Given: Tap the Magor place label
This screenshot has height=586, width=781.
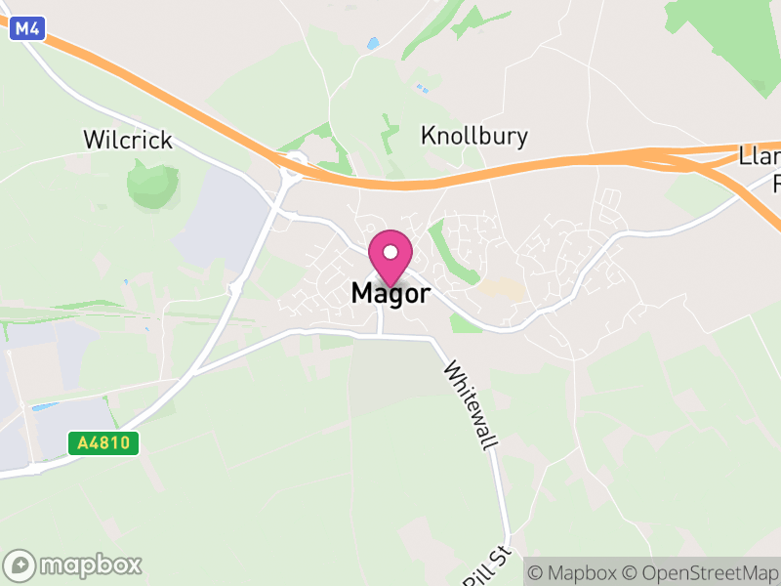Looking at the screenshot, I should pos(390,293).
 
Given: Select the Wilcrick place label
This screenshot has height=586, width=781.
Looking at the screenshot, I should pos(128,140).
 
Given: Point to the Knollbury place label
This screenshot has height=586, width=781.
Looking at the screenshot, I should pos(473,136).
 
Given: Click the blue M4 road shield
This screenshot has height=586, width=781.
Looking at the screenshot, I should pos(26,29).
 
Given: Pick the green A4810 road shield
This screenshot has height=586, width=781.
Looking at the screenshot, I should pos(104,443).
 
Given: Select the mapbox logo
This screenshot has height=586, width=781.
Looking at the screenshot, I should pos(74,565).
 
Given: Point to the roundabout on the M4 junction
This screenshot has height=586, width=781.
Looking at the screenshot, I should pos(292,166).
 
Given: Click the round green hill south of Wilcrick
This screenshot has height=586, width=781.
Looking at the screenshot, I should pos(152,185).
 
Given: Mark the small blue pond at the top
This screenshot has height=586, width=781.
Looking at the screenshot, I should pos(372,44).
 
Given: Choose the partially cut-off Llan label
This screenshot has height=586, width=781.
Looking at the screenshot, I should pos(760,156).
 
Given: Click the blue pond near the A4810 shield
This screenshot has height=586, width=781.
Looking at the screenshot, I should pos(44,406).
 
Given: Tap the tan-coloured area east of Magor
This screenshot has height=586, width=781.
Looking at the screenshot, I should pos(500,288).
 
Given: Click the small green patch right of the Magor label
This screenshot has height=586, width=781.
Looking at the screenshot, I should pos(466,322).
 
